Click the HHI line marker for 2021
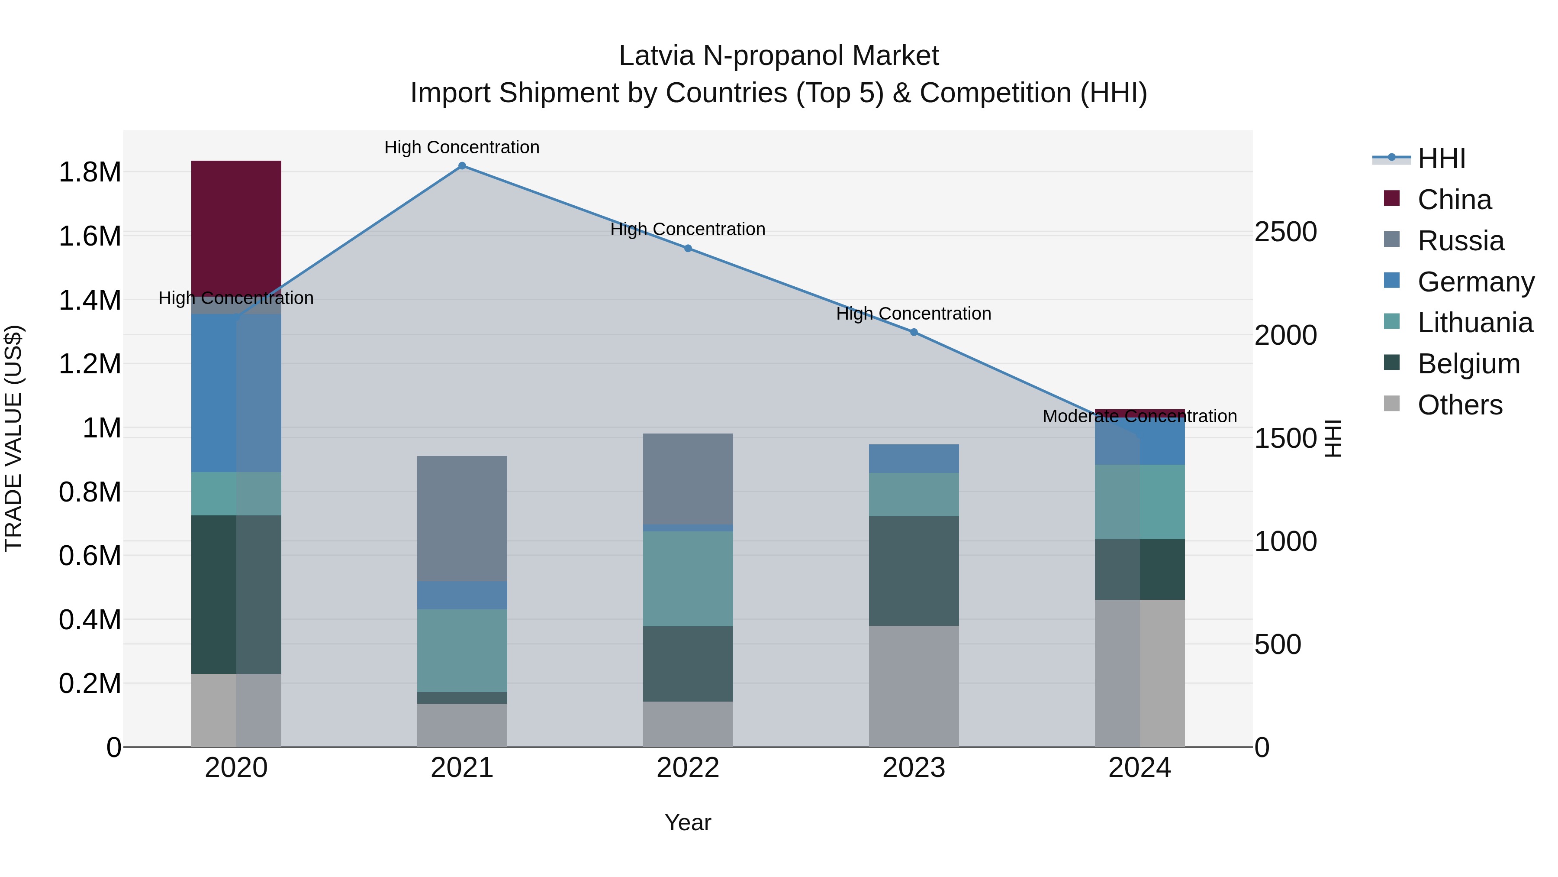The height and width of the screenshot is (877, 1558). tap(462, 166)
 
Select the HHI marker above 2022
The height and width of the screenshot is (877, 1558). tap(688, 248)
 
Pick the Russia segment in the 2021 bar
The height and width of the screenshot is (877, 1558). tap(462, 518)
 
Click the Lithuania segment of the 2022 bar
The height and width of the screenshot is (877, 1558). tap(688, 578)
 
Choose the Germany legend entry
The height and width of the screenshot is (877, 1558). tap(1475, 282)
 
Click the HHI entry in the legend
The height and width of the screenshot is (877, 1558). tap(1441, 159)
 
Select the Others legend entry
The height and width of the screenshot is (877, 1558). tap(1459, 405)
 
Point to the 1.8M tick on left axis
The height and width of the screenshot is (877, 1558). tap(90, 172)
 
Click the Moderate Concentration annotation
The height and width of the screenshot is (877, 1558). tap(1140, 416)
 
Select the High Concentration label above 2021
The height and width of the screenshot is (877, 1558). tap(462, 147)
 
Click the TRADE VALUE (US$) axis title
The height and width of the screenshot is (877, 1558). tap(13, 438)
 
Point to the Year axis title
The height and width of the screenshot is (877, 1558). tap(688, 822)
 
